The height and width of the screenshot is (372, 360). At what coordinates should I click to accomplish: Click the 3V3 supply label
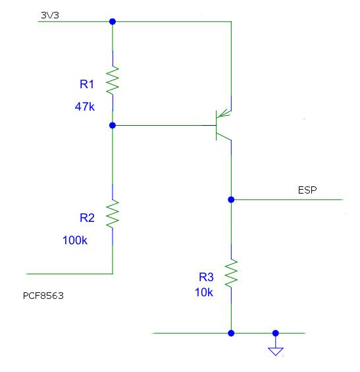(50, 15)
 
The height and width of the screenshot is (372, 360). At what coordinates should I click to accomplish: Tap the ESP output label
(307, 190)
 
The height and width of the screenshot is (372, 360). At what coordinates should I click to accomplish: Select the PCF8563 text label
(43, 296)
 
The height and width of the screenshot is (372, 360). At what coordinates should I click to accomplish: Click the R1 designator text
(87, 84)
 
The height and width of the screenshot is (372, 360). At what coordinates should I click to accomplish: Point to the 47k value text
(85, 107)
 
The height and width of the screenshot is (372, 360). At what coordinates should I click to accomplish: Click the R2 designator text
(87, 218)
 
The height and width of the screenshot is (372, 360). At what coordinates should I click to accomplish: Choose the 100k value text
(75, 240)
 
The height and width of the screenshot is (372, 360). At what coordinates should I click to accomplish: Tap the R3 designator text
(206, 277)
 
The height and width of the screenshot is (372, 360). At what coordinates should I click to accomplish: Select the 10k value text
(204, 292)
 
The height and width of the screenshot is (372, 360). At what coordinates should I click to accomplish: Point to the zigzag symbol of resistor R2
(113, 214)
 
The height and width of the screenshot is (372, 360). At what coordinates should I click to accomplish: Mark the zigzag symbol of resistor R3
(231, 274)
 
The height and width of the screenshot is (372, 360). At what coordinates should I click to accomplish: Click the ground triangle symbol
(276, 352)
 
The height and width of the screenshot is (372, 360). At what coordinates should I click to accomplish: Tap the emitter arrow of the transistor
(224, 114)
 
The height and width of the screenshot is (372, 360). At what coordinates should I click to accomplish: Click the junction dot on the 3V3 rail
(113, 22)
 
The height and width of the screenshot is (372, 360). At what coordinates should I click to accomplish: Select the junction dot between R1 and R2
(113, 125)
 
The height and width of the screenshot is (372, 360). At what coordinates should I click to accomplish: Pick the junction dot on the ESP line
(231, 199)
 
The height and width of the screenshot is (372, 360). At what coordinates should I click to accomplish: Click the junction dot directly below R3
(231, 333)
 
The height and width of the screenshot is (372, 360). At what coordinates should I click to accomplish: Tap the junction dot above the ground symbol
(276, 333)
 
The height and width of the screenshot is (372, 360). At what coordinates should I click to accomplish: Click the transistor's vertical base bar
(217, 125)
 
